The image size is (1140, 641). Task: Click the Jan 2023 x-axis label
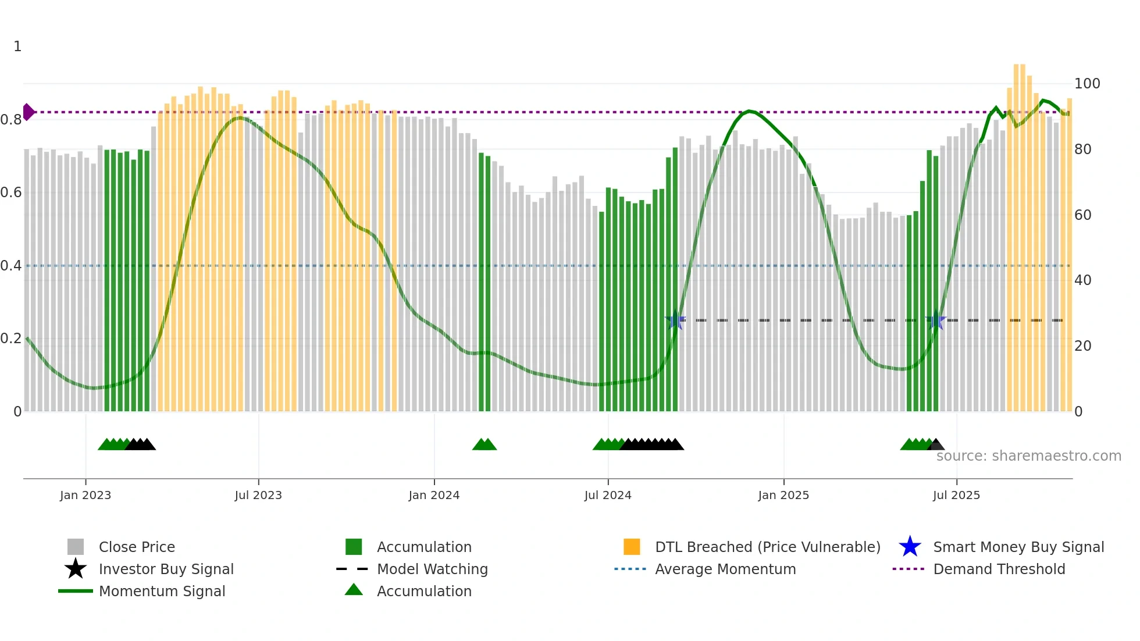click(x=85, y=495)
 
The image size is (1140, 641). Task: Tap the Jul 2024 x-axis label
click(x=608, y=495)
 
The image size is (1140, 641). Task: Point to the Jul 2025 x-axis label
click(x=956, y=495)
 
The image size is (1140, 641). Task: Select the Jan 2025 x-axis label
click(x=783, y=495)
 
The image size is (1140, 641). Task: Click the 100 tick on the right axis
click(x=1087, y=84)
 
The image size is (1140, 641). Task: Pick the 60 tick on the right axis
click(x=1083, y=215)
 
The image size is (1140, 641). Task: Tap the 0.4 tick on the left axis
click(x=11, y=266)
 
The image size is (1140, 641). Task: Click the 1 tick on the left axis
click(x=17, y=47)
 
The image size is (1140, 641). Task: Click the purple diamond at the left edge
click(x=28, y=112)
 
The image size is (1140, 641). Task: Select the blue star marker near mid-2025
click(x=936, y=320)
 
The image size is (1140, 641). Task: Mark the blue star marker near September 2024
click(x=675, y=320)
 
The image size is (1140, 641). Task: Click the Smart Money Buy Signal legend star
click(x=910, y=547)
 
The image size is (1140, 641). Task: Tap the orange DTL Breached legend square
click(x=632, y=547)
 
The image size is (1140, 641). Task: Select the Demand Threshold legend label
click(x=999, y=569)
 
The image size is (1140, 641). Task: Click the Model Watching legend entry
click(x=432, y=569)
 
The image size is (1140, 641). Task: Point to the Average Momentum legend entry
click(x=725, y=569)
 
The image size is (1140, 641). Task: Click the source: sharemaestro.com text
click(x=1028, y=456)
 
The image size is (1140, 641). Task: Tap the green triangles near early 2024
click(x=484, y=444)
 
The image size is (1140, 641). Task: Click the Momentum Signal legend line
click(x=76, y=591)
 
